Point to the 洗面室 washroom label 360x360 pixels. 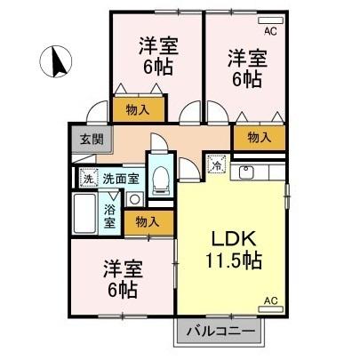120,178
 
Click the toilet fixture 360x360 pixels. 161,177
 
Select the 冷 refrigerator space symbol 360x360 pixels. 216,164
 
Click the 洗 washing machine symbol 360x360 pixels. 87,177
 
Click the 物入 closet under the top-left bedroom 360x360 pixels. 138,109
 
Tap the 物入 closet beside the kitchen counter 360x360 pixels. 259,137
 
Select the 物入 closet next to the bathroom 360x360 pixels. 148,222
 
